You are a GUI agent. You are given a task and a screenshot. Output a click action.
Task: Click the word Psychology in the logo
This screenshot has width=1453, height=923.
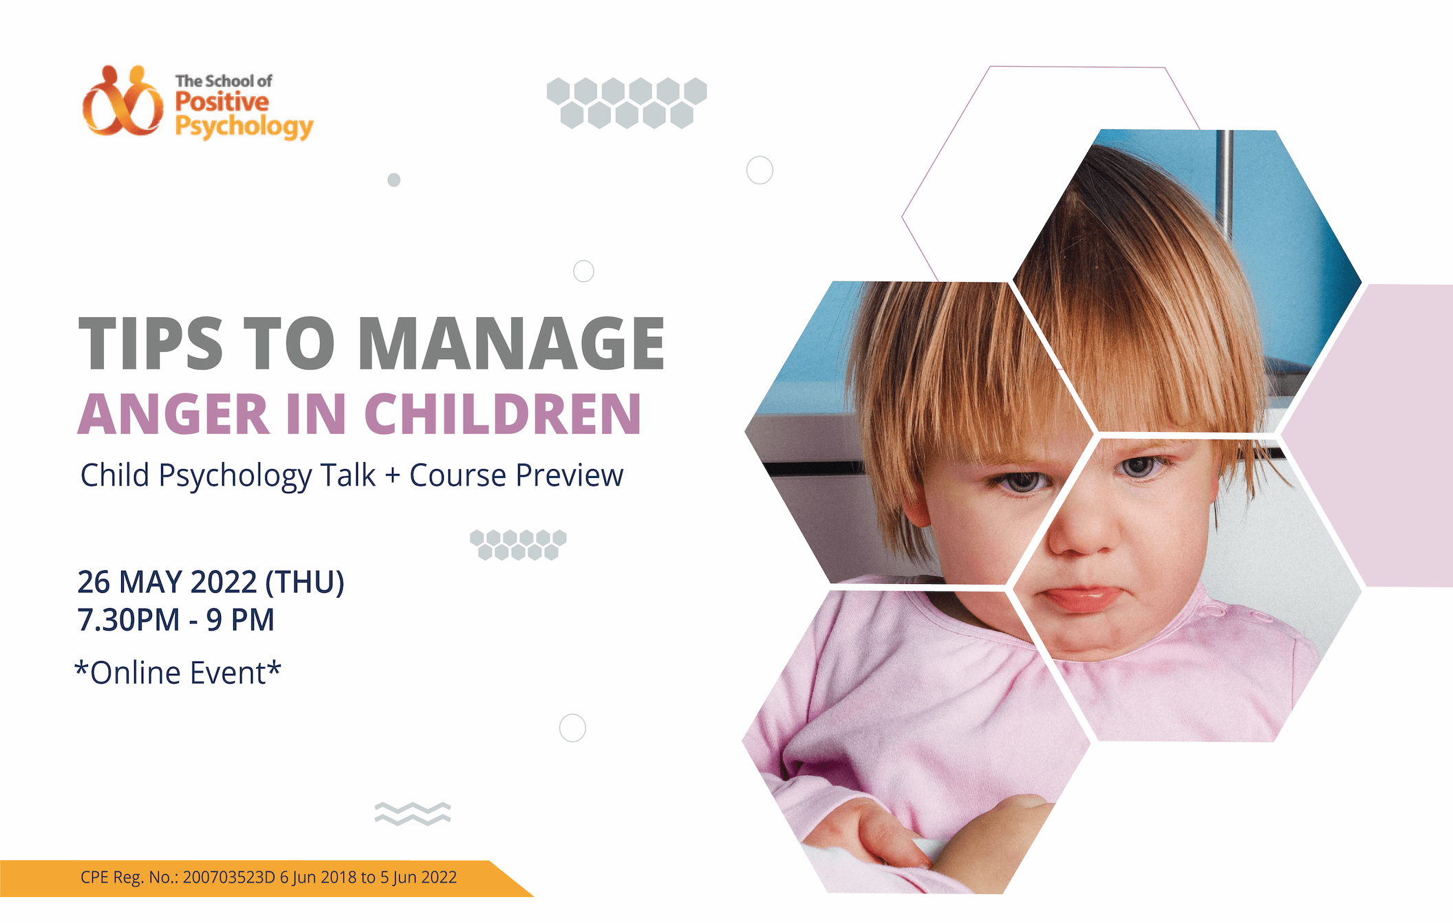pyautogui.click(x=244, y=127)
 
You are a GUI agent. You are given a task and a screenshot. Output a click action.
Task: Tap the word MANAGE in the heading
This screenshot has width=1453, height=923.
pyautogui.click(x=511, y=344)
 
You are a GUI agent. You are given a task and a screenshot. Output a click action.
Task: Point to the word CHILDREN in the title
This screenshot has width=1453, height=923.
pyautogui.click(x=503, y=414)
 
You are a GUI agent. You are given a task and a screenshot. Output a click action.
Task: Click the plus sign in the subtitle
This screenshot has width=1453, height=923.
pyautogui.click(x=393, y=476)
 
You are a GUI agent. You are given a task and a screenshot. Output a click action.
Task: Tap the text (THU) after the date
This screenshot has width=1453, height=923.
pyautogui.click(x=305, y=583)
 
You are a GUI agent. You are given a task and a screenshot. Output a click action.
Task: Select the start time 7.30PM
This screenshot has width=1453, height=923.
pyautogui.click(x=129, y=620)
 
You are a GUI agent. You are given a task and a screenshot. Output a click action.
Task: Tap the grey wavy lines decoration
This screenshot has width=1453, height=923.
pyautogui.click(x=413, y=814)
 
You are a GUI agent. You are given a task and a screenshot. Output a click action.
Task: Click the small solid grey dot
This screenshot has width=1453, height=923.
pyautogui.click(x=394, y=180)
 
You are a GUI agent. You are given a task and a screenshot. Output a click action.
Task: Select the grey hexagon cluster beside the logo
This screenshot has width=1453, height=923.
pyautogui.click(x=627, y=103)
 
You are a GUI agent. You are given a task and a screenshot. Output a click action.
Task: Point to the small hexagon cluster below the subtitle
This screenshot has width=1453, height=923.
pyautogui.click(x=518, y=545)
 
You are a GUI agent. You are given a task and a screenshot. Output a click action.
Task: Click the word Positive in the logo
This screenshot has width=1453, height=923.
pyautogui.click(x=222, y=102)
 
